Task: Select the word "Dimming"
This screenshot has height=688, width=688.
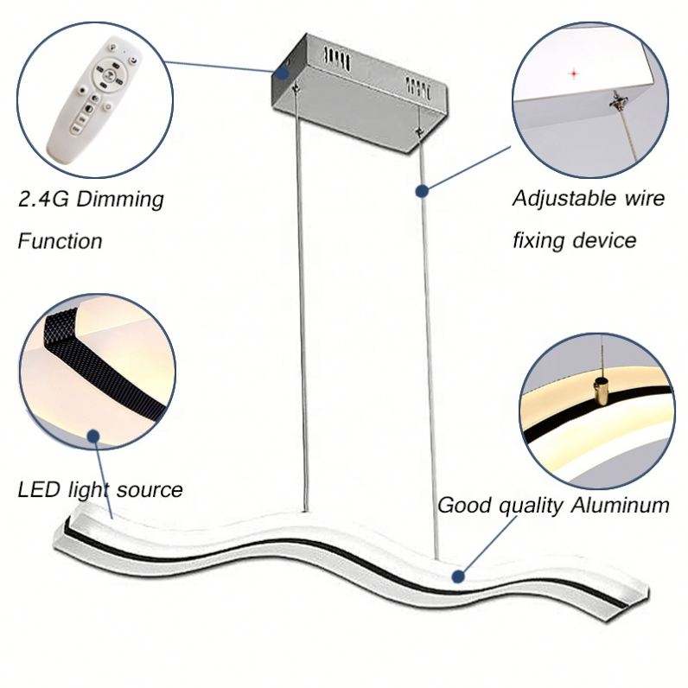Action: point(122,201)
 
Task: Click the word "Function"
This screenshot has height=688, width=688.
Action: point(60,240)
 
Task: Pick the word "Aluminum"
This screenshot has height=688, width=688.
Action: point(621,506)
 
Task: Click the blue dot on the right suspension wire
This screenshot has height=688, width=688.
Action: point(422,191)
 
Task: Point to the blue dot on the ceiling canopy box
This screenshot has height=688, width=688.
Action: point(283,73)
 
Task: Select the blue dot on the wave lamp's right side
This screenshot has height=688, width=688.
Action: point(455,574)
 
